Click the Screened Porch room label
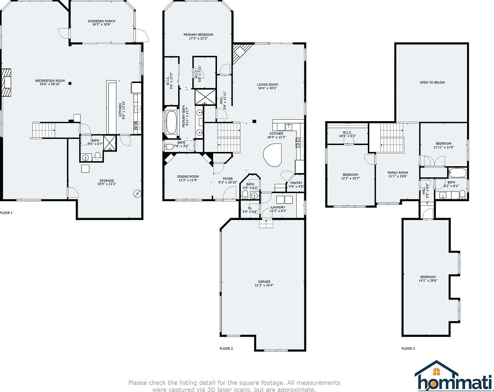click(x=102, y=21)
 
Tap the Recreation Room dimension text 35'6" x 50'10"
click(x=50, y=84)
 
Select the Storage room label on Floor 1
click(x=107, y=181)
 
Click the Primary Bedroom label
click(x=198, y=35)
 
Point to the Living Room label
click(x=267, y=85)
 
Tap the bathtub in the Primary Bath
click(x=171, y=123)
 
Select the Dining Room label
click(x=188, y=177)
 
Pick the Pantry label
click(x=296, y=183)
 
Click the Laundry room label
click(x=277, y=207)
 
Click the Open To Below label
click(x=432, y=82)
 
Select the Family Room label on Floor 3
click(x=397, y=173)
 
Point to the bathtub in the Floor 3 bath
click(x=457, y=173)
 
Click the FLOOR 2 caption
click(x=226, y=349)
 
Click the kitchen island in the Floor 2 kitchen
click(x=273, y=155)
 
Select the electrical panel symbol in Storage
click(x=137, y=194)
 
